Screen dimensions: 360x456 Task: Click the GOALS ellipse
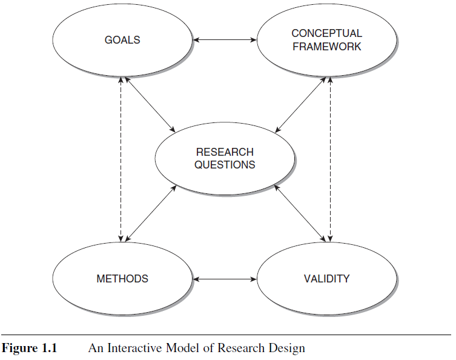[122, 41]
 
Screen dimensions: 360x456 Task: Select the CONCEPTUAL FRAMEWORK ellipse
[327, 41]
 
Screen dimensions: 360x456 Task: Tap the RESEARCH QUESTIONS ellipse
[225, 158]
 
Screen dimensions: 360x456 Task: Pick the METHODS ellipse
[122, 279]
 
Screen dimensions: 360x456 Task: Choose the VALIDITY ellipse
[327, 279]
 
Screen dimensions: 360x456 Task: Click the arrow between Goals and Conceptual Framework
[225, 41]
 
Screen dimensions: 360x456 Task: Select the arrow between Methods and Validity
[225, 279]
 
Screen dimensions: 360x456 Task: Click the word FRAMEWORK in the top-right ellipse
[327, 46]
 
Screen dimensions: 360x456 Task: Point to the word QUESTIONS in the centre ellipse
[225, 164]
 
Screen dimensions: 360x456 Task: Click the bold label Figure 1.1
[28, 348]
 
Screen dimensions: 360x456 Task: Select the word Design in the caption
[289, 348]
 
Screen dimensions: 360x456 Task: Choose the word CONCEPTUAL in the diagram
[327, 34]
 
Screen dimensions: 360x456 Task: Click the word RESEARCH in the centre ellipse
[225, 152]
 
